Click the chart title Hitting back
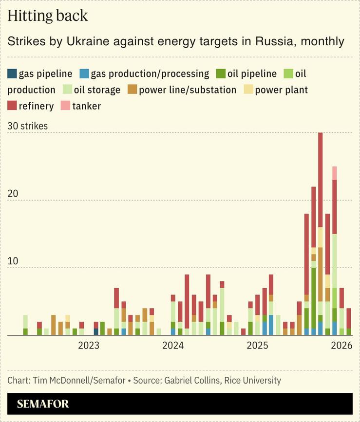(48, 16)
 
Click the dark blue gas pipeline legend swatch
(12, 74)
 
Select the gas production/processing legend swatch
(84, 74)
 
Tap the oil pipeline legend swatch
(221, 74)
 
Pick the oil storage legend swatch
(67, 90)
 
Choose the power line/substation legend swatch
(133, 90)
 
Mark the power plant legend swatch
(248, 90)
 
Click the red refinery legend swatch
(12, 106)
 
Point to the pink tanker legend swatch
(65, 106)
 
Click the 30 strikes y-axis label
(28, 126)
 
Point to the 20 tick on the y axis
(13, 194)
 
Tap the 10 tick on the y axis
(13, 261)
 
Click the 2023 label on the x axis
(89, 346)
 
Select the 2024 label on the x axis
(173, 346)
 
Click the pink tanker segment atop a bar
(335, 173)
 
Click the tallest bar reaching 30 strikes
(321, 195)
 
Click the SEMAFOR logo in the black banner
(43, 404)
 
